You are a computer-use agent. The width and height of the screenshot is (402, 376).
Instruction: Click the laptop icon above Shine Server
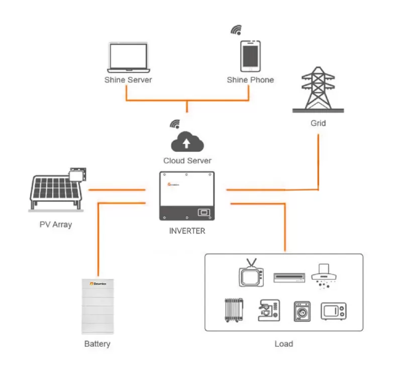(x=128, y=57)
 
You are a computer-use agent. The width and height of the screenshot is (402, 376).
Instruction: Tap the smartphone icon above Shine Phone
(x=250, y=55)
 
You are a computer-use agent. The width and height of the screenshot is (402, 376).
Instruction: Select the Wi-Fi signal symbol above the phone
(x=236, y=30)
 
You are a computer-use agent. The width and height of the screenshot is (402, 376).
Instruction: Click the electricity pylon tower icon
(x=319, y=91)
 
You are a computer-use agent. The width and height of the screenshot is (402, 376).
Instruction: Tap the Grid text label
(x=318, y=123)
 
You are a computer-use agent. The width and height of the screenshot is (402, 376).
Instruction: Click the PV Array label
(x=56, y=224)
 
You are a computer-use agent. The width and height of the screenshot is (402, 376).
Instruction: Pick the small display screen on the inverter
(x=204, y=212)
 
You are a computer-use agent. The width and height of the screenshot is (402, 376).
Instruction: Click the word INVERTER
(x=187, y=232)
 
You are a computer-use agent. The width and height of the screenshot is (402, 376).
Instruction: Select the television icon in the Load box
(x=251, y=274)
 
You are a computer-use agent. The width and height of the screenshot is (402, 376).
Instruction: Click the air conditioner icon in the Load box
(x=289, y=277)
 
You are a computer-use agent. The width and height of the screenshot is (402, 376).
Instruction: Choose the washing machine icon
(x=301, y=312)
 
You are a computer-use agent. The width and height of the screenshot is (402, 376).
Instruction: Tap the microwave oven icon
(x=335, y=311)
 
